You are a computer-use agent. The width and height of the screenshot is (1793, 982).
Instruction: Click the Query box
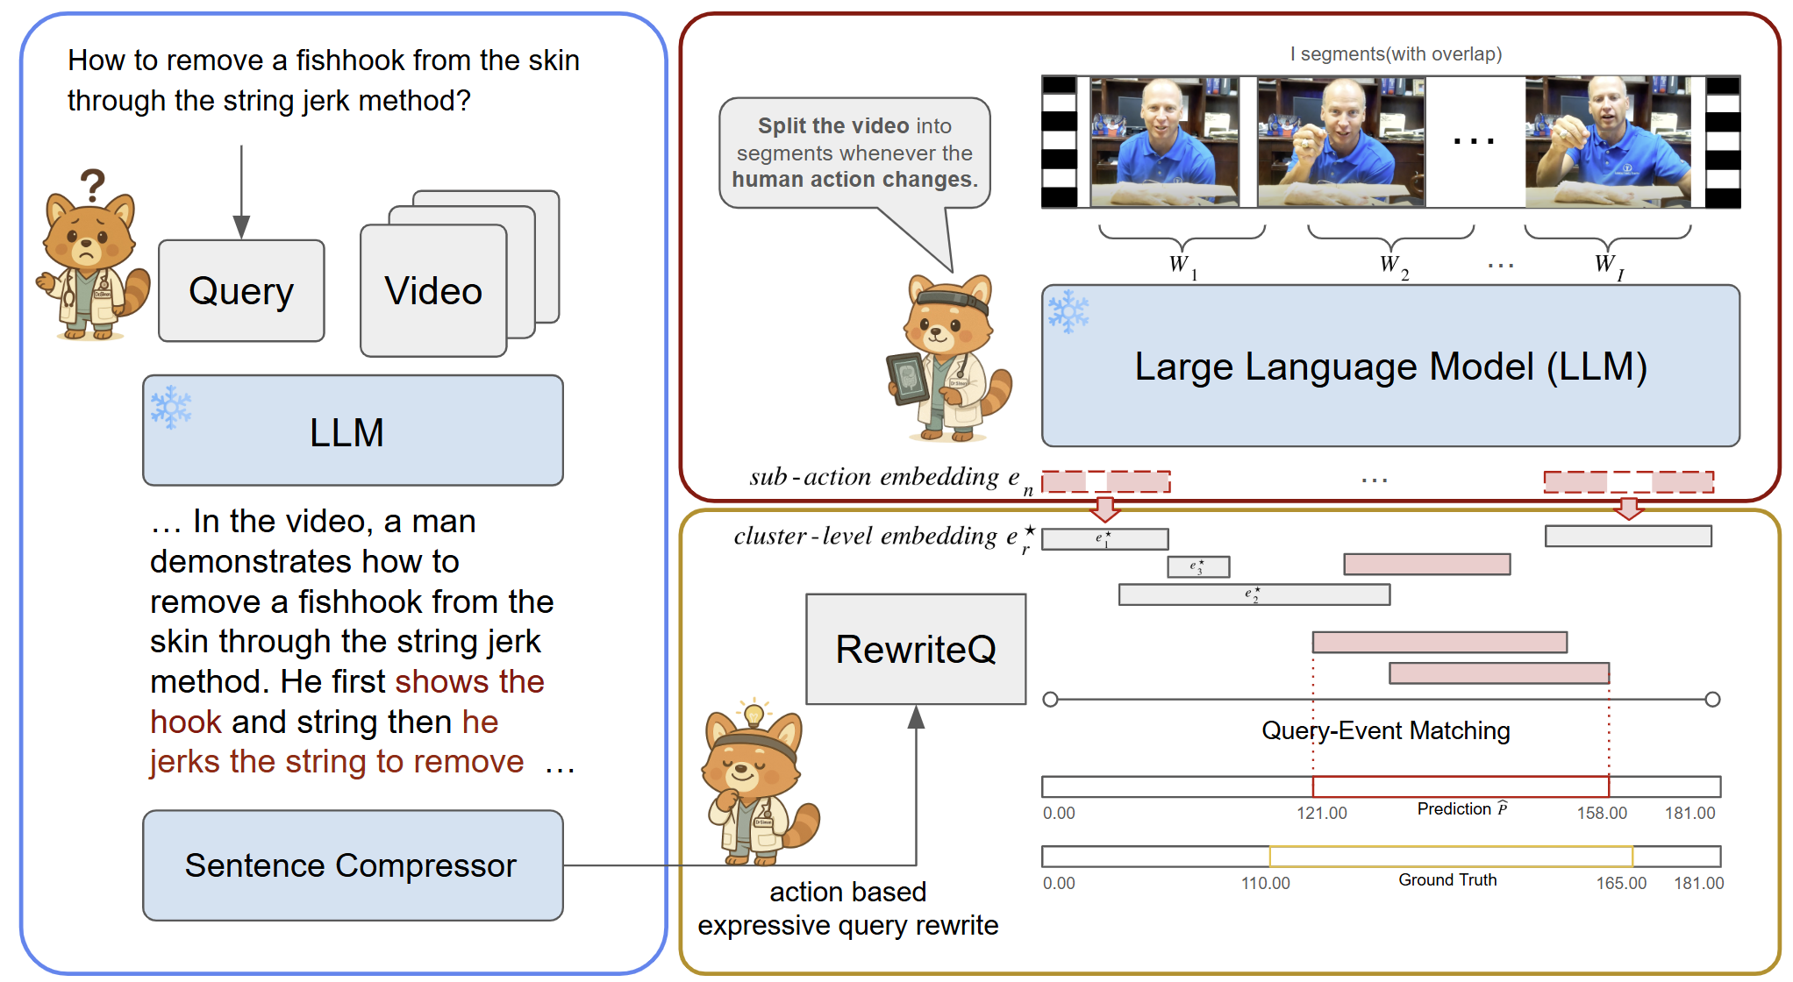pos(241,291)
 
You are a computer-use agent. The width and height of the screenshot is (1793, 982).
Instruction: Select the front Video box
pos(433,291)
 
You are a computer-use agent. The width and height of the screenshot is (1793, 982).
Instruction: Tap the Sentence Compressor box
pos(352,865)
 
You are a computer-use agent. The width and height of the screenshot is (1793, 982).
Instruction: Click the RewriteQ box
pos(916,650)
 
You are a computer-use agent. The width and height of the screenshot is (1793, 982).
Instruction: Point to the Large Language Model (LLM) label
pos(1390,366)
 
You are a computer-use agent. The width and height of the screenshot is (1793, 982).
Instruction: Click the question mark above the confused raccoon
pos(92,186)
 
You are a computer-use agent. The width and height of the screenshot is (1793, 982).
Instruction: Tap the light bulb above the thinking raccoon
pos(753,713)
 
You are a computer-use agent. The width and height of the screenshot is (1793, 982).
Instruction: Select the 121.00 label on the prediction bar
pos(1321,813)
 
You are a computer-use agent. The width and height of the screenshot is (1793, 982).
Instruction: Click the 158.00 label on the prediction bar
pos(1601,813)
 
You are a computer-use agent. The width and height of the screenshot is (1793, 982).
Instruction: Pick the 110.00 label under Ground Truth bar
pos(1265,883)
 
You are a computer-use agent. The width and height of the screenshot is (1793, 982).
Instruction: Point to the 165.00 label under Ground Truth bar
pos(1620,883)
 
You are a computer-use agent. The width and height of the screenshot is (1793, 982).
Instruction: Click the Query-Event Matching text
pos(1385,730)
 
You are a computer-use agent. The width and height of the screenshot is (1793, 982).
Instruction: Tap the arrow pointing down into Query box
pos(241,225)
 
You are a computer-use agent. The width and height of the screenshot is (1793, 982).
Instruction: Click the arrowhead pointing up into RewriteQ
pos(916,717)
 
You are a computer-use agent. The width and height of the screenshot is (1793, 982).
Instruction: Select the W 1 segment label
pos(1182,265)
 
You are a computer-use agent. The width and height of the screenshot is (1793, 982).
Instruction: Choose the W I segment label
pos(1608,265)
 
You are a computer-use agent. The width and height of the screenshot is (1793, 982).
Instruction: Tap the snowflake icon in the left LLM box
pos(170,407)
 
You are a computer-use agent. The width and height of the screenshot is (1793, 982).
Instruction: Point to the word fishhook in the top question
pos(350,60)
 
